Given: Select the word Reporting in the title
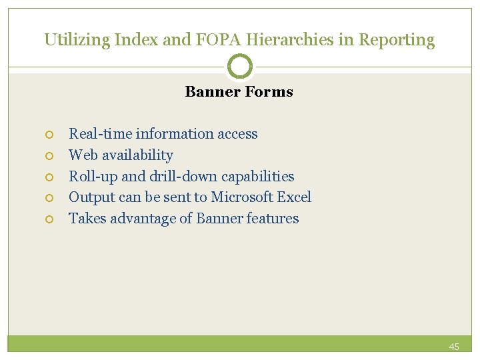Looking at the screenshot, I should tap(397, 40).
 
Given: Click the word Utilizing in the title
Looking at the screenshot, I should tap(76, 40).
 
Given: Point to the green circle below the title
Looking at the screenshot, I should tap(240, 66).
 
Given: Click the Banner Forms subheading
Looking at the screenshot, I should tap(239, 92).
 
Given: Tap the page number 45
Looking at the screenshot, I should tap(454, 347).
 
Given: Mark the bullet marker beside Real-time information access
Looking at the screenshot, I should tap(49, 135).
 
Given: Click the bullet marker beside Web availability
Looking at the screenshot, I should tap(49, 156).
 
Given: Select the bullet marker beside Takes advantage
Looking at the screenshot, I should tap(49, 219).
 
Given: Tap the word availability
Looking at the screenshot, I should tap(139, 155).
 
